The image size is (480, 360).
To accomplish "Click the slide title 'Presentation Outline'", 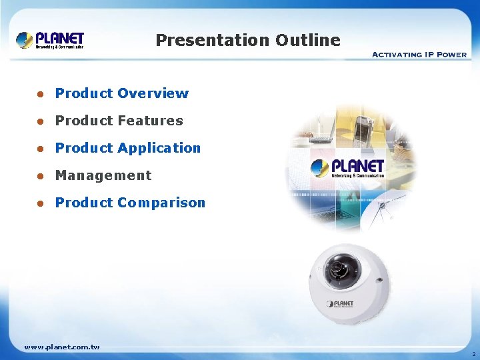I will [x=248, y=40].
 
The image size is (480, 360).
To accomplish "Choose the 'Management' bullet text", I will [x=103, y=175].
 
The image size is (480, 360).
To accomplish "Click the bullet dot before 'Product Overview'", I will [x=40, y=94].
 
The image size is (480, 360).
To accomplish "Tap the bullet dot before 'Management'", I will [x=40, y=176].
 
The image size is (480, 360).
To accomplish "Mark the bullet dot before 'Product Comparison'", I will [x=40, y=203].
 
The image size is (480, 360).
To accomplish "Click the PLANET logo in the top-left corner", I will [x=51, y=40].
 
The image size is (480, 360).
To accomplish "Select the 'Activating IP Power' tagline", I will [x=419, y=55].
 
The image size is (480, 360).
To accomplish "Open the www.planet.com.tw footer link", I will [x=62, y=347].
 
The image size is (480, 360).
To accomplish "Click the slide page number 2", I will [x=473, y=354].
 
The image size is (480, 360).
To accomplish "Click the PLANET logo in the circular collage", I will [x=348, y=167].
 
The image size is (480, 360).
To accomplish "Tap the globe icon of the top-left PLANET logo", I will [x=25, y=40].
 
